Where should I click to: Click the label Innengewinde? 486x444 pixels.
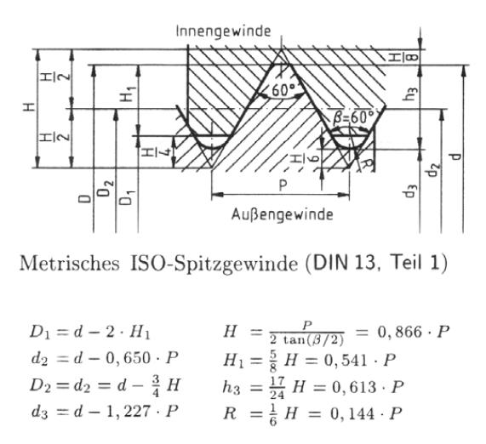pyautogui.click(x=223, y=31)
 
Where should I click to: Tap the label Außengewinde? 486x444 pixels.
pyautogui.click(x=282, y=214)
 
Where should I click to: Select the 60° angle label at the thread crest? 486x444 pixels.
pyautogui.click(x=283, y=90)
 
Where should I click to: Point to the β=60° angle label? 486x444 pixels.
pyautogui.click(x=353, y=117)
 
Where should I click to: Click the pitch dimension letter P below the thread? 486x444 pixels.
pyautogui.click(x=283, y=185)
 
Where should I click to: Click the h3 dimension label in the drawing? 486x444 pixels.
pyautogui.click(x=411, y=94)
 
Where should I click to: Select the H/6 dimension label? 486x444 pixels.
pyautogui.click(x=304, y=159)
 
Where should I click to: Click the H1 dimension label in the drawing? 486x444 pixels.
pyautogui.click(x=128, y=94)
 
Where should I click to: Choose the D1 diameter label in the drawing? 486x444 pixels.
pyautogui.click(x=128, y=197)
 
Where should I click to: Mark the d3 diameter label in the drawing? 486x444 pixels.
pyautogui.click(x=410, y=191)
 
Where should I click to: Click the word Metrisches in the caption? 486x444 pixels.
pyautogui.click(x=70, y=264)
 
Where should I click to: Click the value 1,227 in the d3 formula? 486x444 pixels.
pyautogui.click(x=128, y=412)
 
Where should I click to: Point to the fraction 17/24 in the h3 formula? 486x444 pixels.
pyautogui.click(x=277, y=388)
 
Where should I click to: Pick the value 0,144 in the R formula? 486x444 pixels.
pyautogui.click(x=352, y=413)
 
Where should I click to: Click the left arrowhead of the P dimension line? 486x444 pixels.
pyautogui.click(x=217, y=195)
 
